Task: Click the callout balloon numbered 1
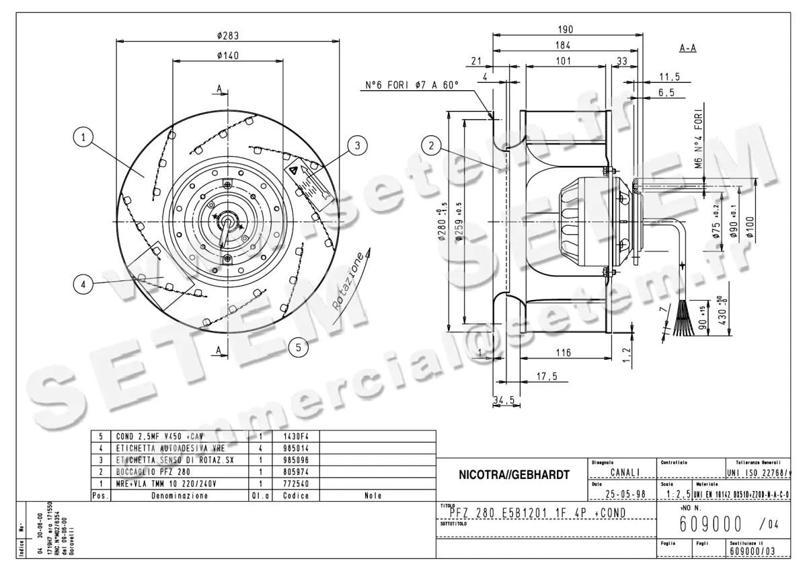[x=83, y=138]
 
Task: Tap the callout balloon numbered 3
[x=358, y=144]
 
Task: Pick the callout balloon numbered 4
[x=83, y=285]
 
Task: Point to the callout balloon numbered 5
[x=298, y=347]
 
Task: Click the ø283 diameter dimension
[x=228, y=36]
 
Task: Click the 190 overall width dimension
[x=566, y=30]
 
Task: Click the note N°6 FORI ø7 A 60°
[x=412, y=85]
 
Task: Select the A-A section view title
[x=687, y=49]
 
